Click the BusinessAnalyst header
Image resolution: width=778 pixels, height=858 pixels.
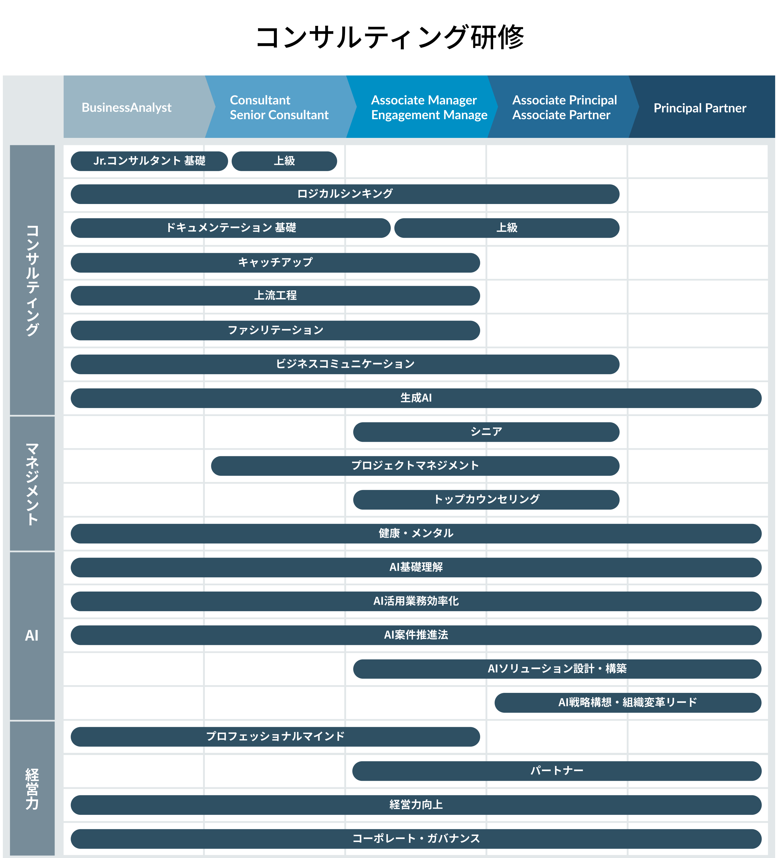coord(126,107)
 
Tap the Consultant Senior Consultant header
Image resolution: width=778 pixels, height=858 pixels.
coord(279,107)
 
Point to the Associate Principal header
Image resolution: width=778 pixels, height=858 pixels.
coord(564,107)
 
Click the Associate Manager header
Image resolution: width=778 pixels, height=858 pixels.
coord(429,107)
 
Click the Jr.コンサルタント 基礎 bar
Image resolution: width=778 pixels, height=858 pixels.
coord(149,161)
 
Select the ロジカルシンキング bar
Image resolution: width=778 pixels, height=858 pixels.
coord(345,194)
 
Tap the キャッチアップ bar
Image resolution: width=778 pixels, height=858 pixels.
coord(275,263)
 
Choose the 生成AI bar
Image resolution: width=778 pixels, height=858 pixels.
coord(416,398)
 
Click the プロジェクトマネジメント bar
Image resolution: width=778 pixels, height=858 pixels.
coord(415,466)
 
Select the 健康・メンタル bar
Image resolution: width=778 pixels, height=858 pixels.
coord(416,533)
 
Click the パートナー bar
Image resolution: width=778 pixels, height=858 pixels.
coord(557,771)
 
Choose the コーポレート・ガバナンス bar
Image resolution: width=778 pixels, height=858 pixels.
coord(416,838)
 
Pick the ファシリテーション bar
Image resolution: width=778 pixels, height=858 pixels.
coord(275,330)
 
